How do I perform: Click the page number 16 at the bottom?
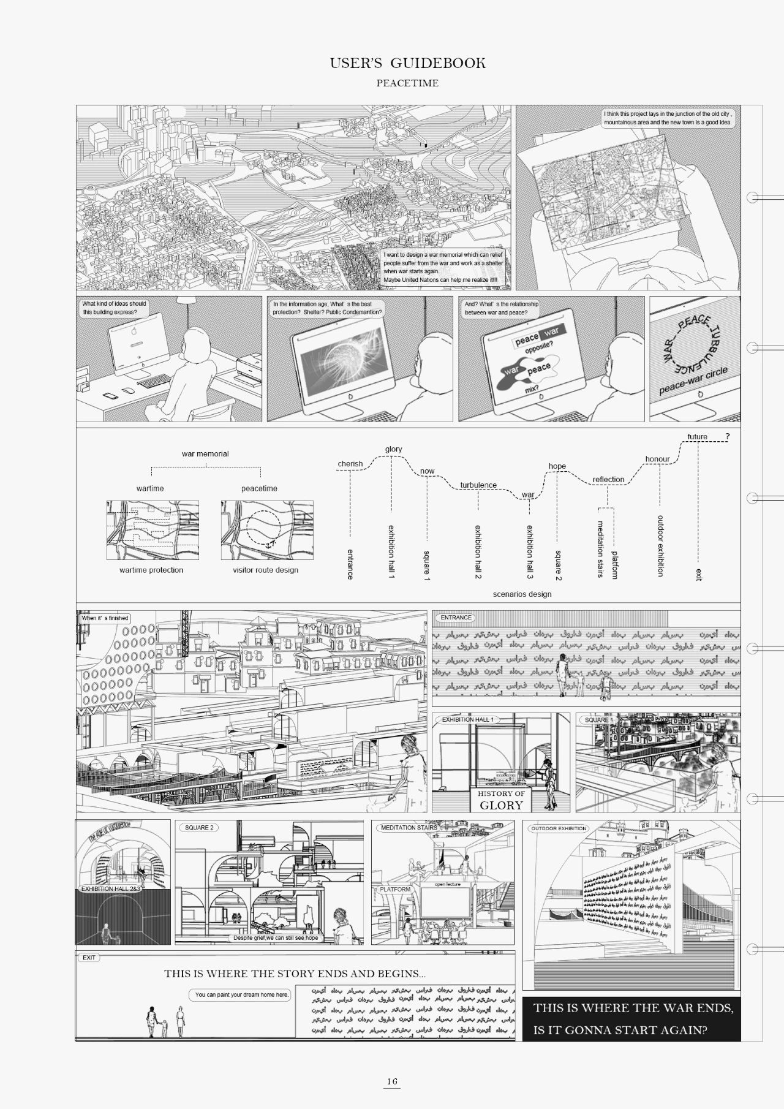392,1081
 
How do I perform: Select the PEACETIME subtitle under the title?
407,83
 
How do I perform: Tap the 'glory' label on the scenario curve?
394,449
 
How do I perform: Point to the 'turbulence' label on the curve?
478,485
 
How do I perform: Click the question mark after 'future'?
728,437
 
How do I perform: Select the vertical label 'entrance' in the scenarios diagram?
350,563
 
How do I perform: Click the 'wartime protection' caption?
151,570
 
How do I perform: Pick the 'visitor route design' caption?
265,570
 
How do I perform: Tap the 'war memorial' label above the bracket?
205,454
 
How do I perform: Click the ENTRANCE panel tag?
456,618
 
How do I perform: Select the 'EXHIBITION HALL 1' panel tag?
467,720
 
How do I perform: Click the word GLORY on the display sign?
501,806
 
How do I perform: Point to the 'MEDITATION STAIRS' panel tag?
409,828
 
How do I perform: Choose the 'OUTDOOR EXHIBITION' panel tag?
559,828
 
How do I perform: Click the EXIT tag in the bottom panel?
89,958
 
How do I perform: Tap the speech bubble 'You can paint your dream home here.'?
241,995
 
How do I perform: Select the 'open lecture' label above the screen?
447,884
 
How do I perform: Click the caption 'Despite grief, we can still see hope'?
276,938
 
